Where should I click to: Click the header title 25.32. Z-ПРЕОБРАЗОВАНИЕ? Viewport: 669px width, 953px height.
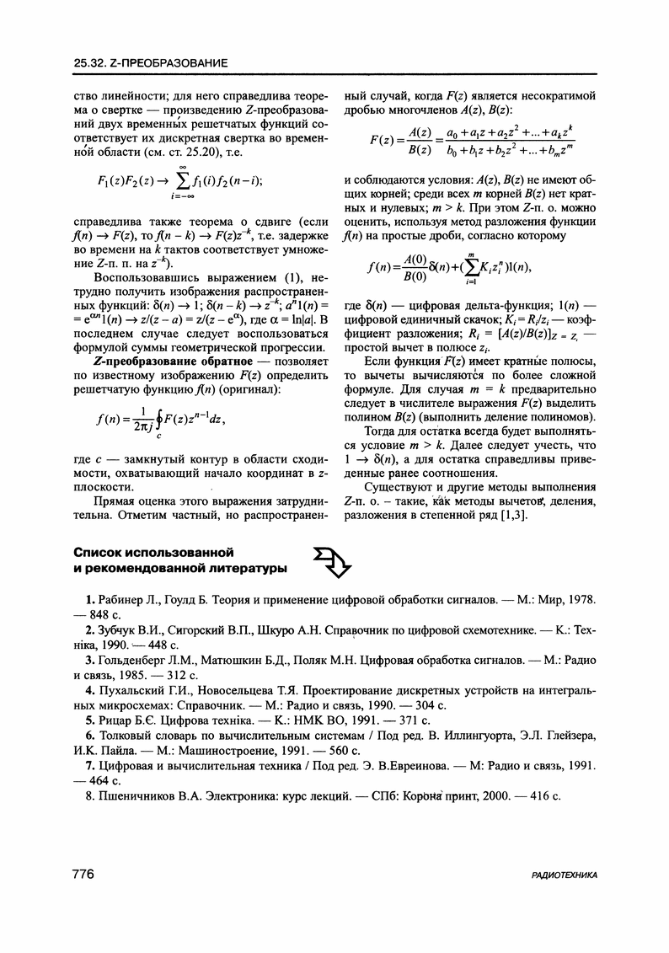[151, 63]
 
